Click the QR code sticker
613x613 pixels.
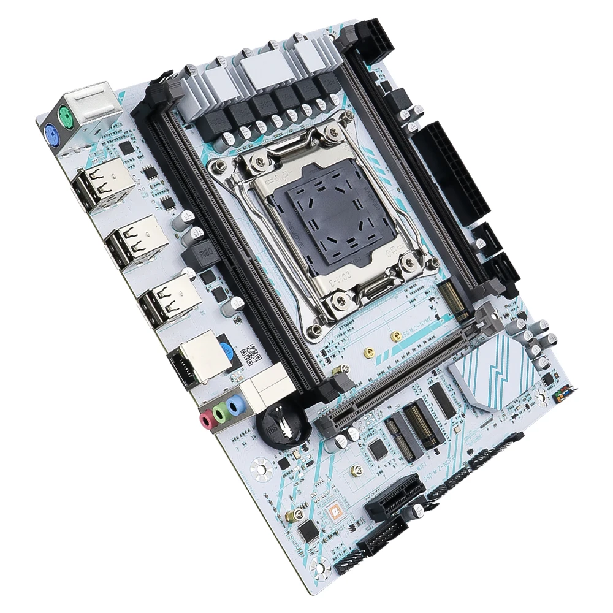tap(249, 355)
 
